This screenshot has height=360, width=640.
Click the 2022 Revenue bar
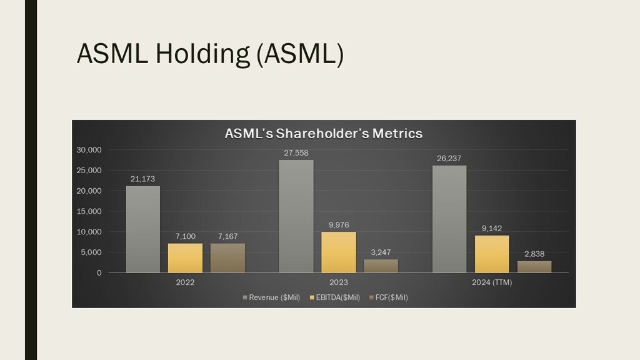click(x=142, y=229)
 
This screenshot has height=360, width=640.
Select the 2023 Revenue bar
click(x=296, y=216)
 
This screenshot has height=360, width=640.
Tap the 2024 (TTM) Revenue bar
click(x=449, y=219)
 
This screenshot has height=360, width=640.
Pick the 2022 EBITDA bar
click(x=185, y=258)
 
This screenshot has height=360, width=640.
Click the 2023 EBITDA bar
click(x=339, y=252)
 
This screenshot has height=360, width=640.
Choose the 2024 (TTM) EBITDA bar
click(x=492, y=254)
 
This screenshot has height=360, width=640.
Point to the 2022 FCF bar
click(x=227, y=258)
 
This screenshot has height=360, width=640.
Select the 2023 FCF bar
click(x=381, y=266)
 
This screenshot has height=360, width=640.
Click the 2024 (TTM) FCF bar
click(x=534, y=267)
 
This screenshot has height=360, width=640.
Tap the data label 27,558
click(x=296, y=153)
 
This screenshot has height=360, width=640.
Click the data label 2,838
click(x=534, y=254)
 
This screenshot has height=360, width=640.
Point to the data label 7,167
click(x=227, y=236)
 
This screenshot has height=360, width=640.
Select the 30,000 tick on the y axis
click(x=89, y=150)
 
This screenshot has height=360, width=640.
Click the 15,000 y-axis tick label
click(x=89, y=211)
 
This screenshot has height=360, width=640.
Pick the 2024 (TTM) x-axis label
click(x=492, y=282)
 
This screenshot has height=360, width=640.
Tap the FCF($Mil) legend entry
click(x=390, y=297)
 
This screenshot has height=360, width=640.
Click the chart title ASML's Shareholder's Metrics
click(x=323, y=133)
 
